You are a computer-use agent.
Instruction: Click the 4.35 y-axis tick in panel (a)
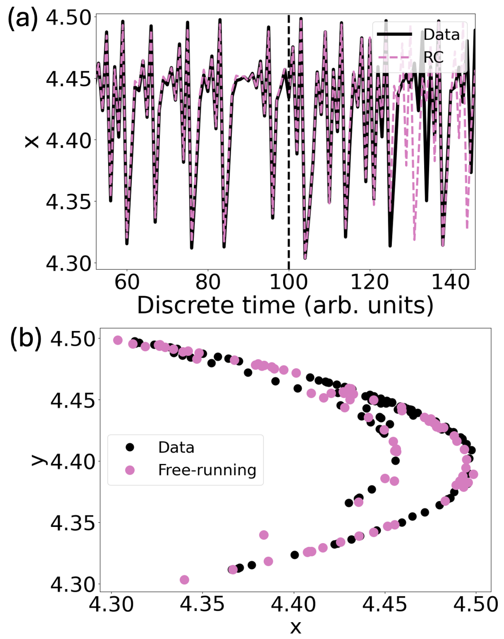tap(68, 202)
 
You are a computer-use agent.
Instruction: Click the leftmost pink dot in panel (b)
tap(118, 340)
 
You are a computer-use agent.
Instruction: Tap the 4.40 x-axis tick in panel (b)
tap(294, 605)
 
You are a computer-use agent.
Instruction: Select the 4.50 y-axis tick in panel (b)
tap(73, 339)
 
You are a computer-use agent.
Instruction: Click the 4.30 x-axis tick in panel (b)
tap(111, 605)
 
